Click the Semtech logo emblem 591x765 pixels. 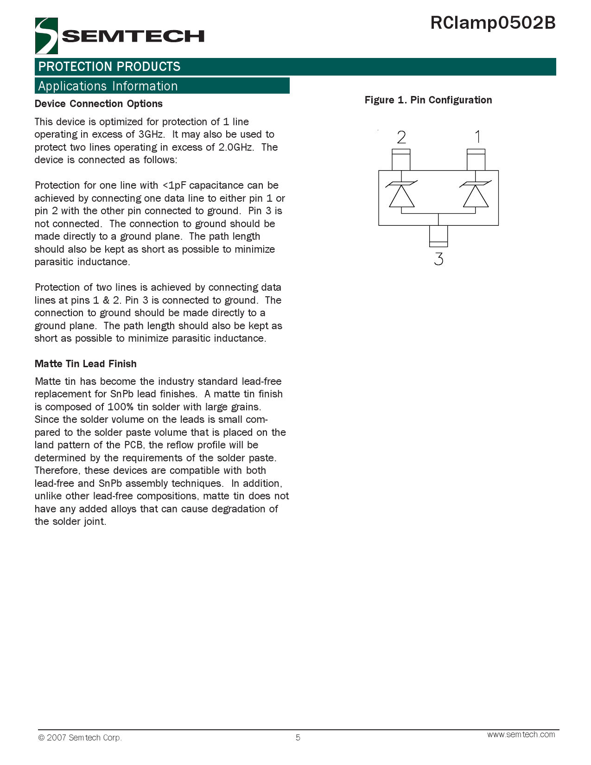click(x=46, y=36)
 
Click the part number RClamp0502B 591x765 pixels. click(x=493, y=23)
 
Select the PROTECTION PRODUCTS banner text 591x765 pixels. click(x=109, y=67)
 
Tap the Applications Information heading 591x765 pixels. click(x=108, y=86)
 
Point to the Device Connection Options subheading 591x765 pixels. click(x=99, y=104)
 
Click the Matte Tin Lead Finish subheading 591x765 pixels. click(x=86, y=364)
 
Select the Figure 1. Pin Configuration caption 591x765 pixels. click(x=428, y=100)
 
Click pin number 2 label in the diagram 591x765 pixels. click(x=401, y=137)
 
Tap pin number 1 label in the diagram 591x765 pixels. click(x=477, y=137)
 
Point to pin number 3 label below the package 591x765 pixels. click(x=438, y=259)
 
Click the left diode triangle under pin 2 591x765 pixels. click(x=401, y=197)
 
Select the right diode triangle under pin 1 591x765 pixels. click(x=476, y=197)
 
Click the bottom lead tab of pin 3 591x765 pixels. click(x=438, y=236)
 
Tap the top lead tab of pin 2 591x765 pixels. click(x=401, y=159)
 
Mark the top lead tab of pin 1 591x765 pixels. click(x=476, y=159)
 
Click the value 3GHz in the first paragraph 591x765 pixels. click(x=151, y=134)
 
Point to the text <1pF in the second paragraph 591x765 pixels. click(x=174, y=185)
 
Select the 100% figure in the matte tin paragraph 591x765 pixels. click(x=120, y=407)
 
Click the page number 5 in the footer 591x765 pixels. click(x=298, y=738)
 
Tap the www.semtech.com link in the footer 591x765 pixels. click(x=521, y=734)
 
